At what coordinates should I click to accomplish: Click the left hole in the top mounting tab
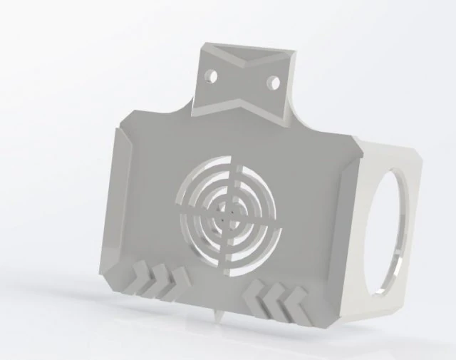tap(212, 74)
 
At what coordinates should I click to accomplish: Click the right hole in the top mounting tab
tap(271, 83)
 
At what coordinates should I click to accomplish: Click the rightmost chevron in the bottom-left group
tap(175, 283)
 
